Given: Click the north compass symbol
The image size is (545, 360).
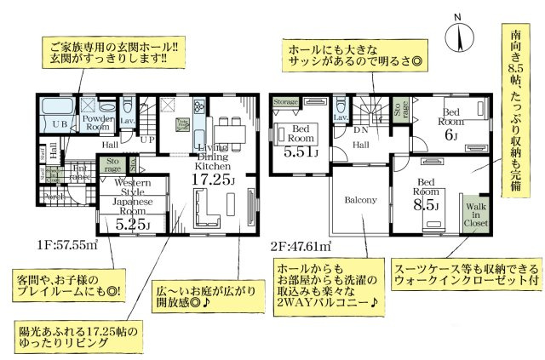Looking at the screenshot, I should pos(461,35).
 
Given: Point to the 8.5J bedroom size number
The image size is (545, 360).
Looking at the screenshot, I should pos(426,205).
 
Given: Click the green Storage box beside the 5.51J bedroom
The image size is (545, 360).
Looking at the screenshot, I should pos(286,102).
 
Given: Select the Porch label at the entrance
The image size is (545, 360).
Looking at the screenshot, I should pos(54,193).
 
